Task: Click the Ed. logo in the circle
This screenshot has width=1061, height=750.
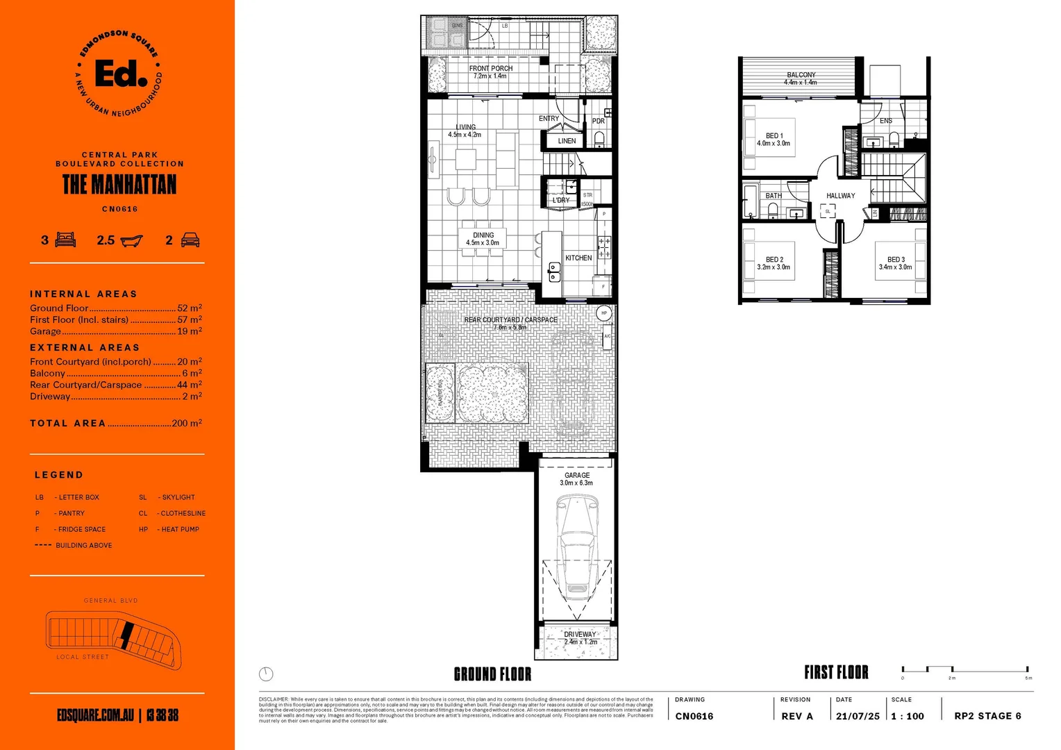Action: pyautogui.click(x=120, y=73)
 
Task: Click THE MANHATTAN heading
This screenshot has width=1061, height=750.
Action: pyautogui.click(x=119, y=185)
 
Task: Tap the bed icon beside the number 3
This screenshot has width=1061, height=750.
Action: pyautogui.click(x=65, y=240)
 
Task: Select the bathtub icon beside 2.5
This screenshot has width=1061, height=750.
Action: pyautogui.click(x=131, y=240)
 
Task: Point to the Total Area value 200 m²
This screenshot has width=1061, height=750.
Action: pyautogui.click(x=186, y=423)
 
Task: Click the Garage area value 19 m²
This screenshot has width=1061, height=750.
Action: pyautogui.click(x=189, y=331)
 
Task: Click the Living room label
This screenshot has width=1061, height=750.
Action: pyautogui.click(x=465, y=127)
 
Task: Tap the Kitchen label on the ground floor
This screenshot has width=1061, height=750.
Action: pyautogui.click(x=578, y=258)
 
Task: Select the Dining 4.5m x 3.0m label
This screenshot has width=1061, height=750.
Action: pyautogui.click(x=483, y=239)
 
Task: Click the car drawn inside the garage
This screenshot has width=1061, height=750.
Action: pyautogui.click(x=576, y=549)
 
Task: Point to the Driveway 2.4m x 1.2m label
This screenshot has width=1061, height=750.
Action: pyautogui.click(x=580, y=637)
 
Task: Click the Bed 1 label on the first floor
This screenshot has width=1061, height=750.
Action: pyautogui.click(x=774, y=139)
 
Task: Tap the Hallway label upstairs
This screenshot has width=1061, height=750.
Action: pyautogui.click(x=840, y=196)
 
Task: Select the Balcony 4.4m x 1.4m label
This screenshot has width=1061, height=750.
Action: pyautogui.click(x=801, y=78)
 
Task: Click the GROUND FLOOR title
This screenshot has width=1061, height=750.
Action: pyautogui.click(x=492, y=674)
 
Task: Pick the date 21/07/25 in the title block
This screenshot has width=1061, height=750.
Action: pyautogui.click(x=858, y=716)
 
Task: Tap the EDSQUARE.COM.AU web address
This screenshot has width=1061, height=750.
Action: pyautogui.click(x=95, y=715)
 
